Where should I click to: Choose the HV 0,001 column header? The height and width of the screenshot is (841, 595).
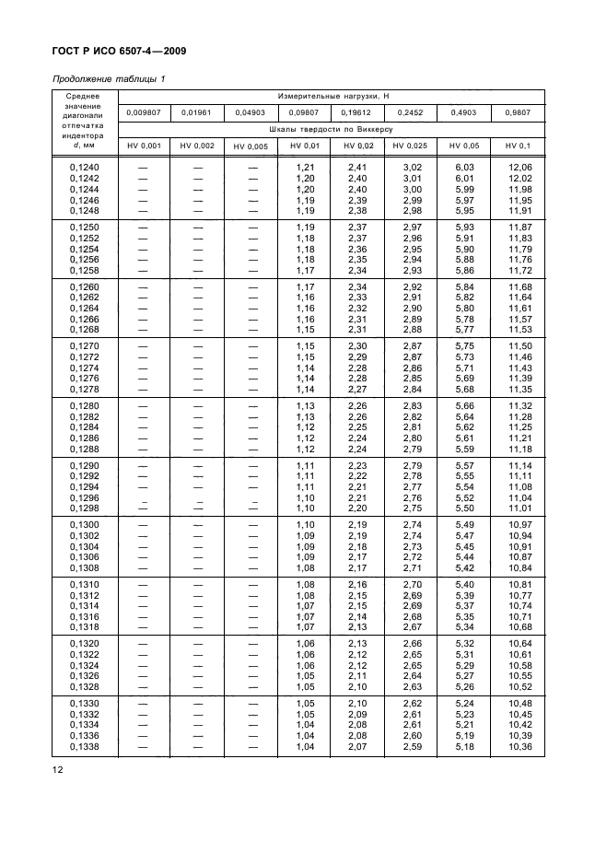click(144, 146)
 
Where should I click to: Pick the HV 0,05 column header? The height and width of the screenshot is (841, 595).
click(464, 146)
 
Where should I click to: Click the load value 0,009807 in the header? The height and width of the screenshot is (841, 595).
click(144, 112)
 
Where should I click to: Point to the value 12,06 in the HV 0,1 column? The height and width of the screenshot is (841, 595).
click(520, 166)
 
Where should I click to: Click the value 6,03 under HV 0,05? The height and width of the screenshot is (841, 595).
click(465, 166)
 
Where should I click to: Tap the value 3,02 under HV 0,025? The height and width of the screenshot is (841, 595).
click(412, 166)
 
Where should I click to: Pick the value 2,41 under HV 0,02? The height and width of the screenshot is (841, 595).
click(358, 166)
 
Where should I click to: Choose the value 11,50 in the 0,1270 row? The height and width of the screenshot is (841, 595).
click(520, 345)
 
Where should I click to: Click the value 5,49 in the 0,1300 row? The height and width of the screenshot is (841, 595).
click(465, 524)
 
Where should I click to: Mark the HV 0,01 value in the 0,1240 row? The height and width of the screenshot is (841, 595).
click(305, 166)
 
